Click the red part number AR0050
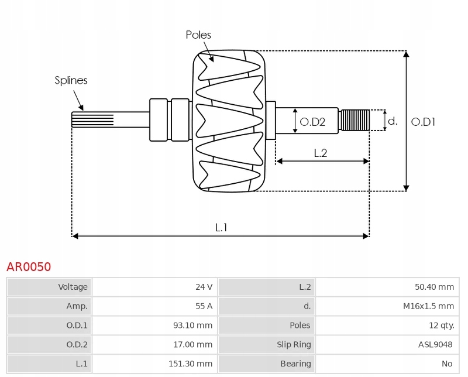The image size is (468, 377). pyautogui.click(x=29, y=267)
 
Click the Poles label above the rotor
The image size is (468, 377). pyautogui.click(x=198, y=35)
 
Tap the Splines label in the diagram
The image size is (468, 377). pyautogui.click(x=71, y=80)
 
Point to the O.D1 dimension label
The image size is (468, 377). pyautogui.click(x=424, y=122)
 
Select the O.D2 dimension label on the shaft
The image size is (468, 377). pyautogui.click(x=312, y=122)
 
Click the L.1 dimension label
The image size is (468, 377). pyautogui.click(x=221, y=228)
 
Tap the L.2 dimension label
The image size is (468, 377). pyautogui.click(x=320, y=153)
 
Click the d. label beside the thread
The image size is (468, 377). pyautogui.click(x=393, y=121)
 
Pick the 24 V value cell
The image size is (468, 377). pyautogui.click(x=204, y=287)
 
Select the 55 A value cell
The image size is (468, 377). pyautogui.click(x=204, y=306)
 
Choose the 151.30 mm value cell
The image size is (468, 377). pyautogui.click(x=190, y=364)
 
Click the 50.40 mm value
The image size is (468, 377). pyautogui.click(x=434, y=287)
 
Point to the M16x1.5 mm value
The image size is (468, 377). pyautogui.click(x=428, y=306)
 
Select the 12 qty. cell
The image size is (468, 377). pyautogui.click(x=441, y=325)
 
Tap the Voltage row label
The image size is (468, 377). pyautogui.click(x=73, y=287)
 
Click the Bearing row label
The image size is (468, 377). pyautogui.click(x=295, y=364)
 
